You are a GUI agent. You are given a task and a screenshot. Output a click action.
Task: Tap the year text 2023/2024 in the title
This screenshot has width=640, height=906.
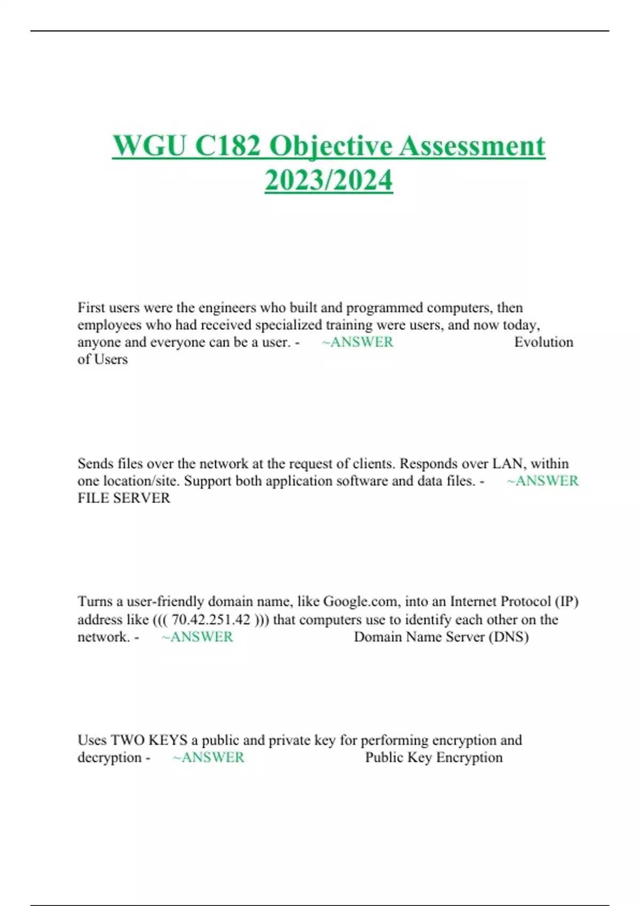coord(329,180)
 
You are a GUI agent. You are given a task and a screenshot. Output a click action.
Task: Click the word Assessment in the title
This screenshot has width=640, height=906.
coord(473,145)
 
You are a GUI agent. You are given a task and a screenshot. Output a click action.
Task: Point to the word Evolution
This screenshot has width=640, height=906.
coord(543,342)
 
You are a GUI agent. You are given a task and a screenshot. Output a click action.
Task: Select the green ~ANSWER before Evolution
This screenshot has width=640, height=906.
coord(358,342)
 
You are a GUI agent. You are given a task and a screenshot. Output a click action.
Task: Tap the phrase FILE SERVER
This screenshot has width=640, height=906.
coord(124,498)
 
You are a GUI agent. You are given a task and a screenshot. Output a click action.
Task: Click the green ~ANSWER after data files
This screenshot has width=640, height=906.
coord(542,481)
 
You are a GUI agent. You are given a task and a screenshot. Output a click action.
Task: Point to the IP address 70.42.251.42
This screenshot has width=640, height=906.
coord(211,620)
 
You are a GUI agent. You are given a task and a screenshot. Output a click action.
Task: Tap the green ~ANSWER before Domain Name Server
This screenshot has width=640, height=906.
coord(197,637)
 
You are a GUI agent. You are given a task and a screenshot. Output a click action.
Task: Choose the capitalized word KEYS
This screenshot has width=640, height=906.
coord(167,740)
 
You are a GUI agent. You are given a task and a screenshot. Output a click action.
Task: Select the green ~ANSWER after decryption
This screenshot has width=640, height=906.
coord(209,757)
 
